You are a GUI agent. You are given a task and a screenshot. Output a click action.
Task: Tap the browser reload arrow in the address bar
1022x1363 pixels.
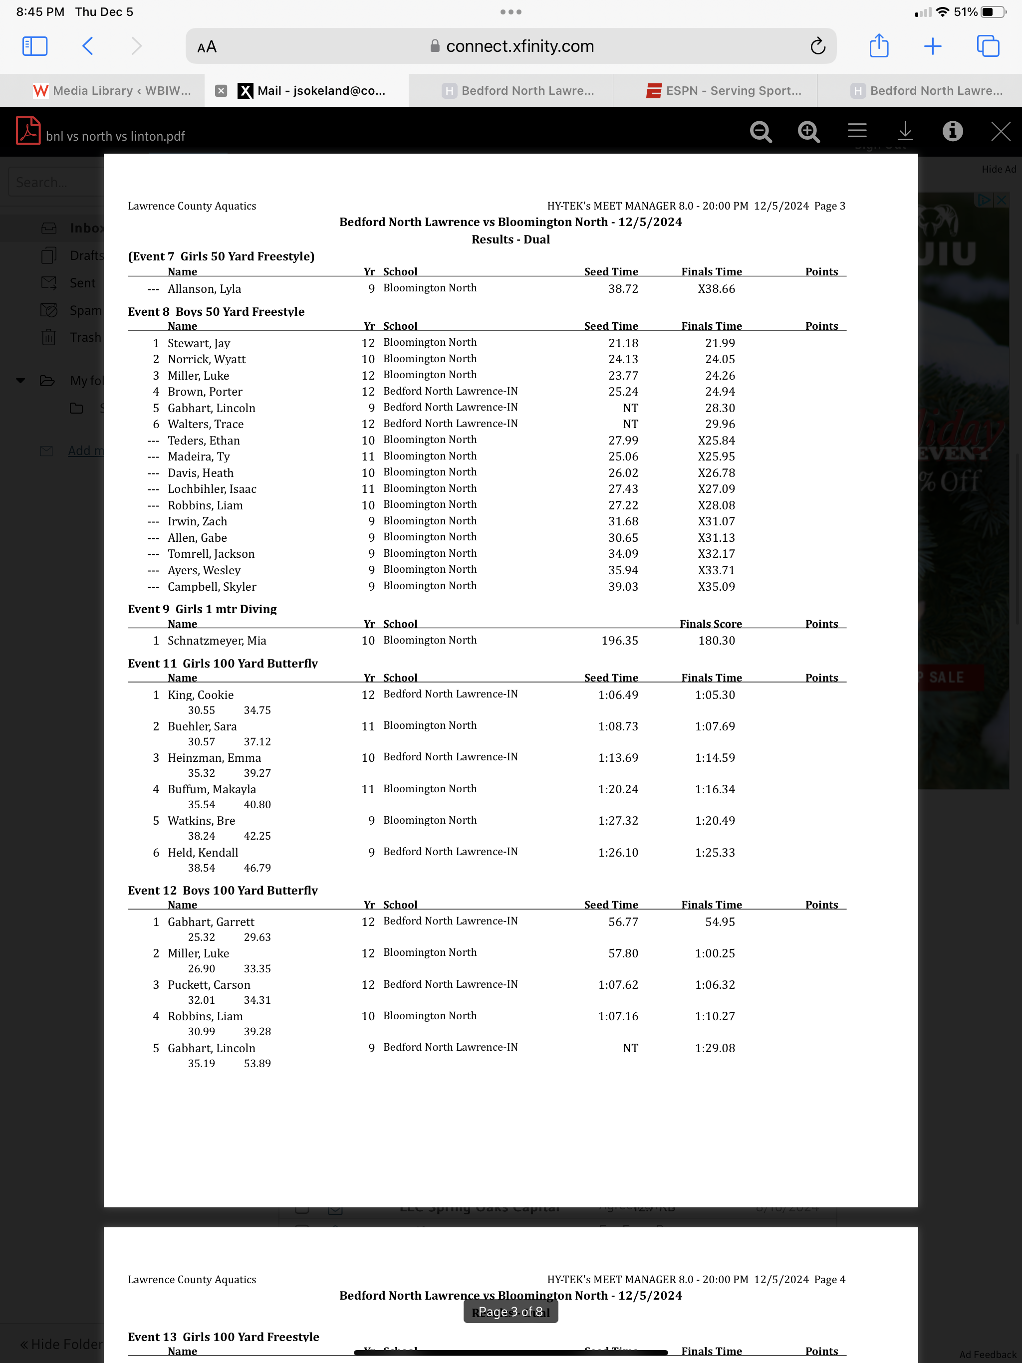pos(817,46)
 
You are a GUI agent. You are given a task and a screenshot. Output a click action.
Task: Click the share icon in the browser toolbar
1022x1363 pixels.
pos(878,46)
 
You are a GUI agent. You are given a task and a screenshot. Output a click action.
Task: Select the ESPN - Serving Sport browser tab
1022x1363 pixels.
pos(724,91)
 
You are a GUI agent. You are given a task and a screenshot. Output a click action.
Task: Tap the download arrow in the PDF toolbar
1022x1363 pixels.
pos(904,131)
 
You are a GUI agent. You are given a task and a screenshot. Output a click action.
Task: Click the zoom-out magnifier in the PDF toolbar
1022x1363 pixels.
pos(761,132)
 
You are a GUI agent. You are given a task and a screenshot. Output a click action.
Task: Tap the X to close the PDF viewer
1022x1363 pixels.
pos(1000,131)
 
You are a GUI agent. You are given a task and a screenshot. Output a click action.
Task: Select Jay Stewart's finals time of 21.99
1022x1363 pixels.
pos(720,343)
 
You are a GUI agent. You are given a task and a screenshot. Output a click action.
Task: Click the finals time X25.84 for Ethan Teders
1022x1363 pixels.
pos(716,441)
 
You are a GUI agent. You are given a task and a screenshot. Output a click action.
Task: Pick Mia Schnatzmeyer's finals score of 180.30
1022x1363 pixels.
pos(716,641)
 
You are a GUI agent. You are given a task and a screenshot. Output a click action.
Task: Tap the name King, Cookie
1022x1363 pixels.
pos(200,695)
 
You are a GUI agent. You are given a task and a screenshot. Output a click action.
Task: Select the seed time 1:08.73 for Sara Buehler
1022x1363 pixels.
pos(618,726)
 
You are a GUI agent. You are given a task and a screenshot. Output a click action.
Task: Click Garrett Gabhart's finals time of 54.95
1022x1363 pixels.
pos(720,922)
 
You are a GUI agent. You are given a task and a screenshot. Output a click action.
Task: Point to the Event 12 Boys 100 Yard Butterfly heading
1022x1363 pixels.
pos(223,891)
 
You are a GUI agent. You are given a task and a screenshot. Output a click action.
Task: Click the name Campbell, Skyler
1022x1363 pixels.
pos(212,587)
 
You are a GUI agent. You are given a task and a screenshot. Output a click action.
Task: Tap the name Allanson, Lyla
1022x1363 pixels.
pos(204,289)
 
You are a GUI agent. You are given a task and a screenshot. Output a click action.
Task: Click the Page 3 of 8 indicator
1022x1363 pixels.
pos(511,1312)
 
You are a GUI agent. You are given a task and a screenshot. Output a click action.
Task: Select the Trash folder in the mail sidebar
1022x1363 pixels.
pos(84,338)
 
